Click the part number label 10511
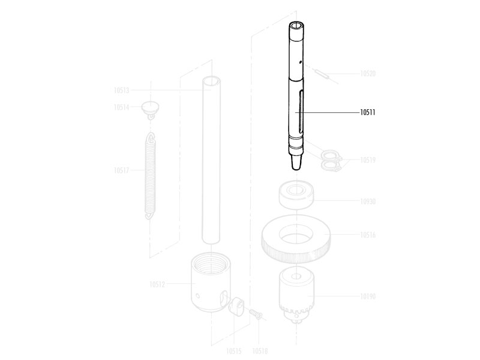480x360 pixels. click(x=367, y=112)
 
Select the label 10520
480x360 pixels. click(x=368, y=73)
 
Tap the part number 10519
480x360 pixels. click(x=368, y=160)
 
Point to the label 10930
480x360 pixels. click(x=368, y=201)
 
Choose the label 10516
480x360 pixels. click(x=368, y=235)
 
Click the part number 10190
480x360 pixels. click(x=368, y=296)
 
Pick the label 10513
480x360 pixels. click(x=122, y=91)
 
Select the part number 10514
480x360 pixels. click(x=122, y=107)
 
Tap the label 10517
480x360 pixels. click(x=122, y=170)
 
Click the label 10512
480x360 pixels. click(x=157, y=284)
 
